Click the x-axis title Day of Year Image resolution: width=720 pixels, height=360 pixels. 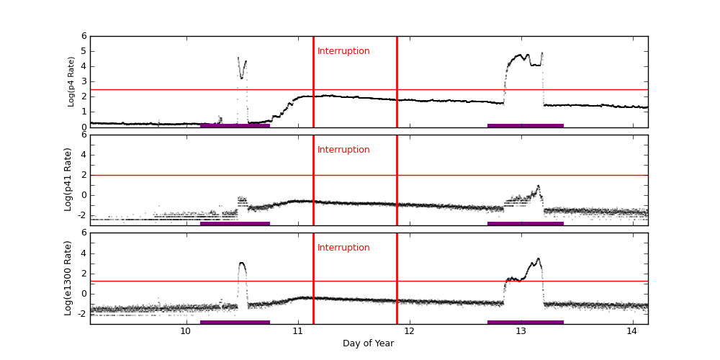point(368,343)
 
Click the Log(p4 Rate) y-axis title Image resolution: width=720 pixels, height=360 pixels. point(71,81)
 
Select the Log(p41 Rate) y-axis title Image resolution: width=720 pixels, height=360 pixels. point(68,179)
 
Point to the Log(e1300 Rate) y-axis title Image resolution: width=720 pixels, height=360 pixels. point(68,278)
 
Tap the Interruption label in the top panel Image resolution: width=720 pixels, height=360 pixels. point(343,51)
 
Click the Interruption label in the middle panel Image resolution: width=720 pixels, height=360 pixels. point(343,150)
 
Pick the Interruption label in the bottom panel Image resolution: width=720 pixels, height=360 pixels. point(343,248)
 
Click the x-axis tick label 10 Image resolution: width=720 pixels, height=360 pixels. point(185,331)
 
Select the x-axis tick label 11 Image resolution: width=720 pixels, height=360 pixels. point(297,331)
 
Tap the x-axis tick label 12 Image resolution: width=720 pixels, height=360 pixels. point(409,331)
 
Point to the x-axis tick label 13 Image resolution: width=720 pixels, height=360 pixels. point(521,331)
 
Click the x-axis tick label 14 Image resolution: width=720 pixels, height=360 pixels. point(632,331)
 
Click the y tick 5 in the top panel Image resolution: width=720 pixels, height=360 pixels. point(84,51)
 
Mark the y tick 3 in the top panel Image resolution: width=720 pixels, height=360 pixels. point(84,81)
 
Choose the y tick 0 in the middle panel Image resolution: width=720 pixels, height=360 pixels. point(84,194)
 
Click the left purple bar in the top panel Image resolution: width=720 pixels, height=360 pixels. point(235,125)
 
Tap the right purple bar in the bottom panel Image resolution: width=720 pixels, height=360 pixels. point(526,322)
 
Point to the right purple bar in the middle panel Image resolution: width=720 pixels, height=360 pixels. point(526,223)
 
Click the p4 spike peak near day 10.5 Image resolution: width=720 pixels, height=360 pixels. point(238,58)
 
